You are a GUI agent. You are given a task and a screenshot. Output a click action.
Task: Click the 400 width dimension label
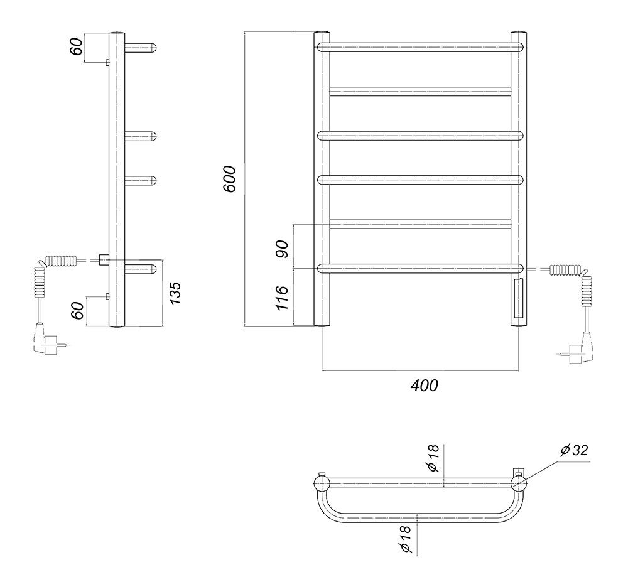pyautogui.click(x=425, y=386)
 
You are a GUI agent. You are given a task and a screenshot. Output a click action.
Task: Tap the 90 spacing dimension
pyautogui.click(x=282, y=249)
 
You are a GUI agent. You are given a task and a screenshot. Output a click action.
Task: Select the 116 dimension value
pyautogui.click(x=282, y=298)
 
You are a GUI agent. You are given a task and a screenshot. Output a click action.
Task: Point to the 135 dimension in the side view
pyautogui.click(x=175, y=293)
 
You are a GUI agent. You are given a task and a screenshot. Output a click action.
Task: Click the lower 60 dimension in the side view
pyautogui.click(x=79, y=311)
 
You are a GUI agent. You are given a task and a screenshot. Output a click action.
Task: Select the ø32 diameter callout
pyautogui.click(x=574, y=450)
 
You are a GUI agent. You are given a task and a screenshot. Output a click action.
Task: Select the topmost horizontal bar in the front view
pyautogui.click(x=421, y=47)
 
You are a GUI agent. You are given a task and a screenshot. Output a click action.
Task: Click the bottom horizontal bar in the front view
pyautogui.click(x=421, y=268)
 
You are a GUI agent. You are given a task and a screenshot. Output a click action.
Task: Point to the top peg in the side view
pyautogui.click(x=140, y=48)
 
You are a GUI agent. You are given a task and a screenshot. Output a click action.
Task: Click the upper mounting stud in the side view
pyautogui.click(x=107, y=62)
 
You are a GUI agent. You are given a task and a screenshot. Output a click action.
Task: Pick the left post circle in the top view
pyautogui.click(x=322, y=483)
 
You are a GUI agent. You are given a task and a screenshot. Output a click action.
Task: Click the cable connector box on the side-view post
pyautogui.click(x=104, y=260)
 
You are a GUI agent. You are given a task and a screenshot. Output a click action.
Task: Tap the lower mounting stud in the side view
pyautogui.click(x=107, y=296)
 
